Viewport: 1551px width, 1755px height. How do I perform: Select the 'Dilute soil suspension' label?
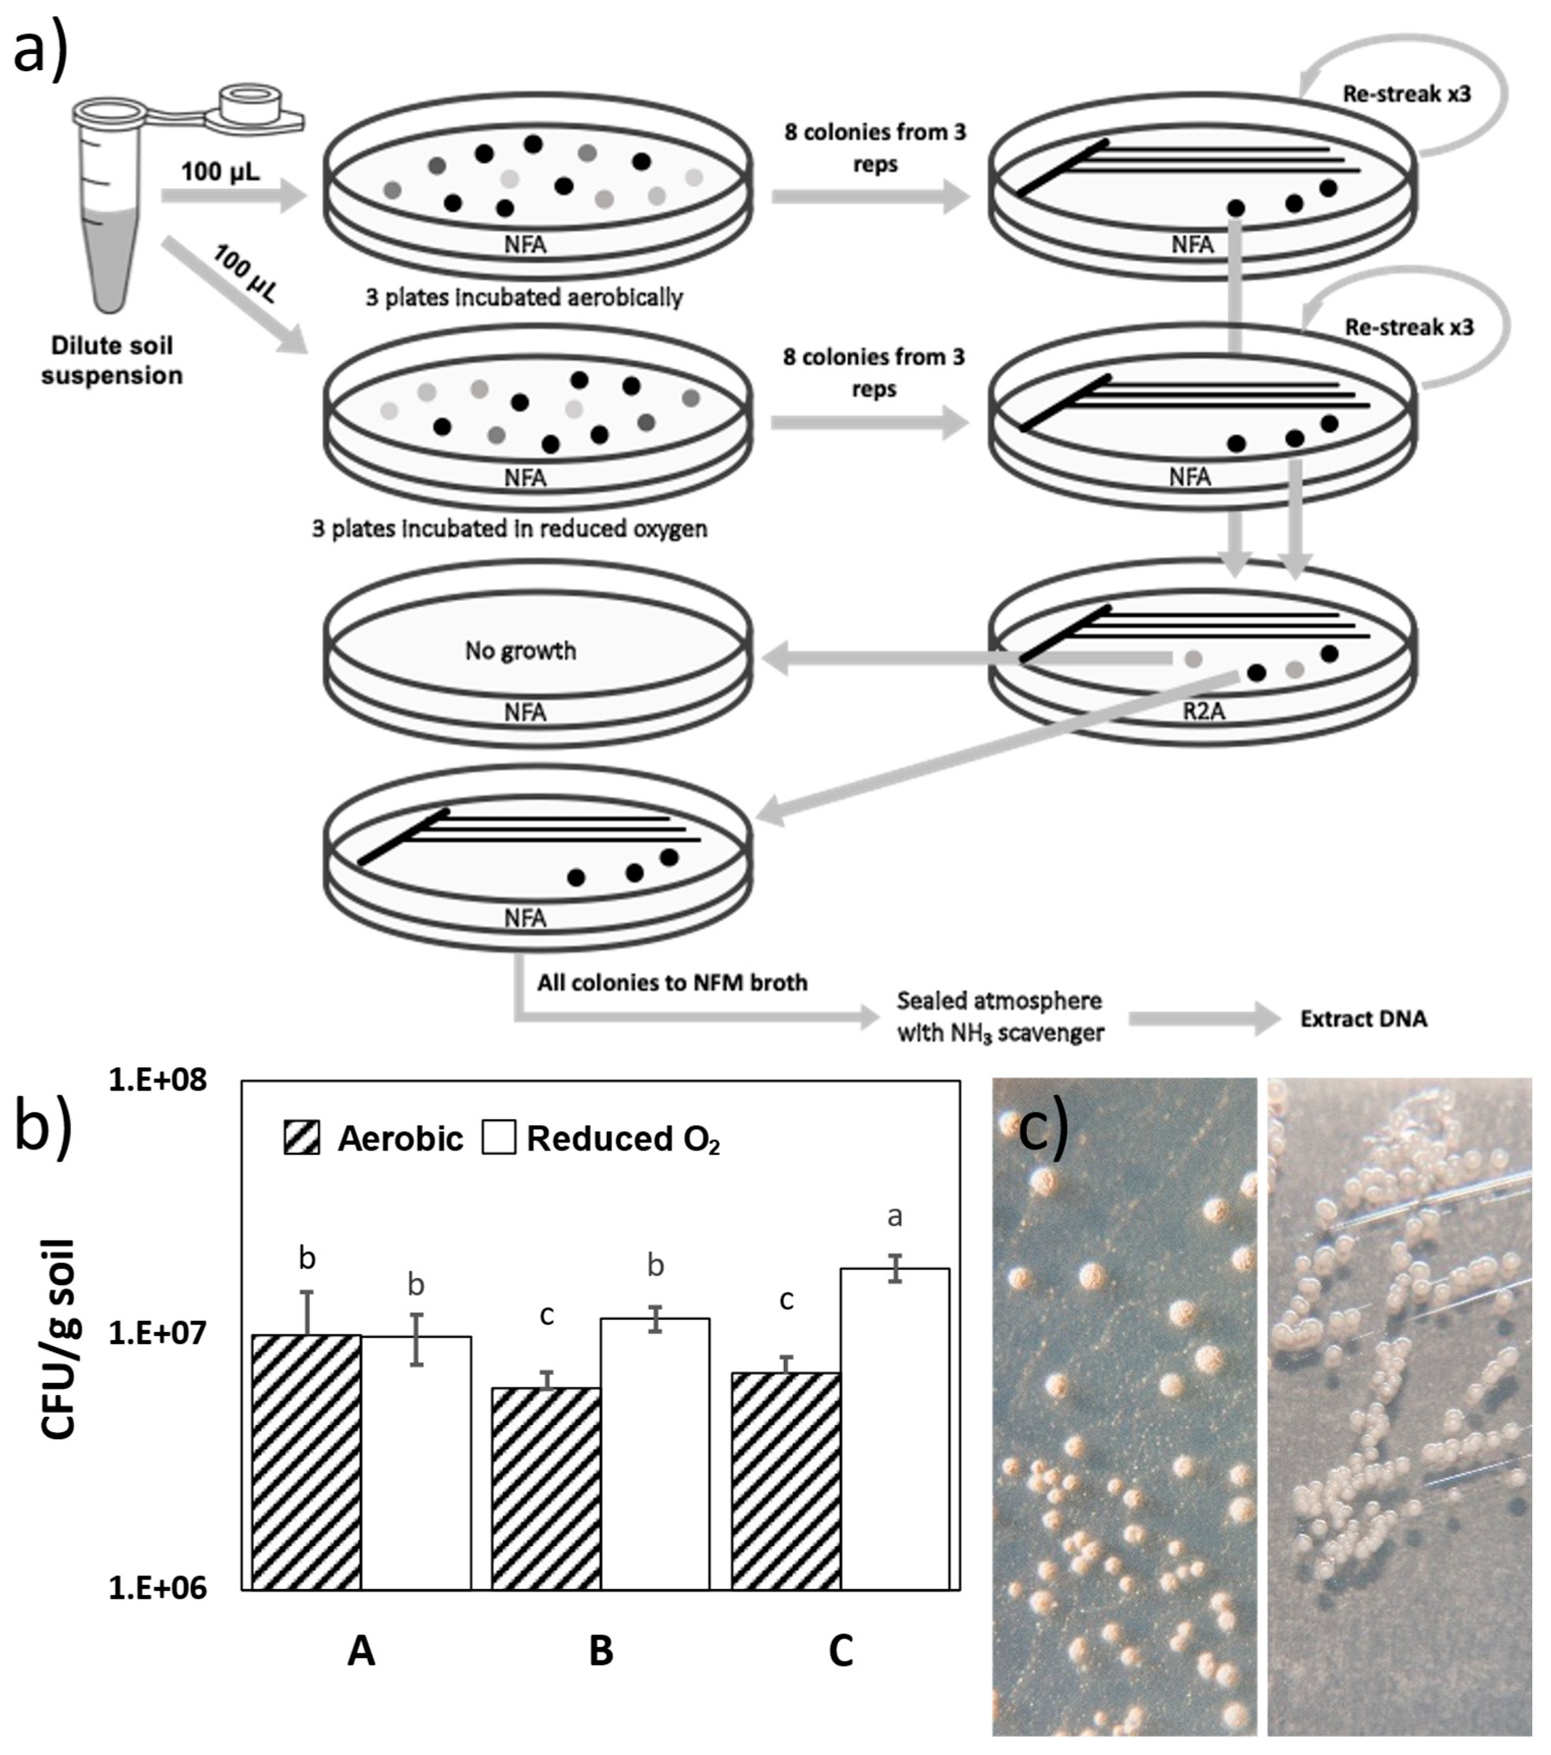tap(111, 360)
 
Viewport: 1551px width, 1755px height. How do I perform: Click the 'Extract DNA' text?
tap(1363, 1019)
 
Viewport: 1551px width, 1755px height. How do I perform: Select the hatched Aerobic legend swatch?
tap(302, 1138)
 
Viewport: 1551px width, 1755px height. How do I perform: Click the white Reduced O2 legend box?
tap(499, 1138)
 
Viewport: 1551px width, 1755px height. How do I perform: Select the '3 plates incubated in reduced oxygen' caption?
tap(510, 528)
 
